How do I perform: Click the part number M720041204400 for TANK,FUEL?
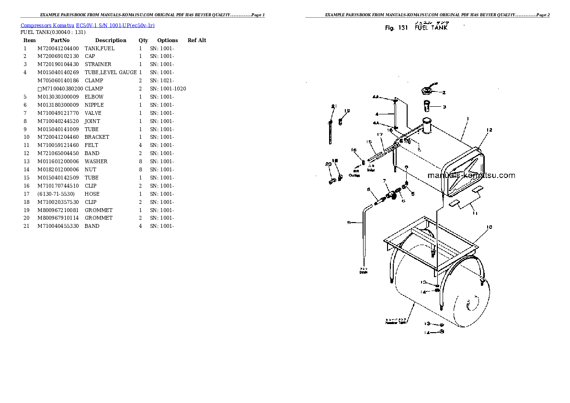(58, 48)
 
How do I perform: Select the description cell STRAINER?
(98, 64)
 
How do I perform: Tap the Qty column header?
(143, 40)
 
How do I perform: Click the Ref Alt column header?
(197, 40)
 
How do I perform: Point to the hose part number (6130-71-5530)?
(56, 194)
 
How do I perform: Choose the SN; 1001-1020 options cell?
(168, 89)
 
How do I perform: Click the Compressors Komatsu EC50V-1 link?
(87, 25)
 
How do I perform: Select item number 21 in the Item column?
(26, 226)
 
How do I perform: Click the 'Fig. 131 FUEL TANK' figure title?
(416, 28)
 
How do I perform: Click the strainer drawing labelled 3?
(427, 105)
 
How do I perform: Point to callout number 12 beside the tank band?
(489, 130)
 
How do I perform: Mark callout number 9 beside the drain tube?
(349, 222)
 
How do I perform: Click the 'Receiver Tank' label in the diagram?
(396, 321)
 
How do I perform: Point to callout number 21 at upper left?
(333, 106)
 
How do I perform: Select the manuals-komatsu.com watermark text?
(471, 175)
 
